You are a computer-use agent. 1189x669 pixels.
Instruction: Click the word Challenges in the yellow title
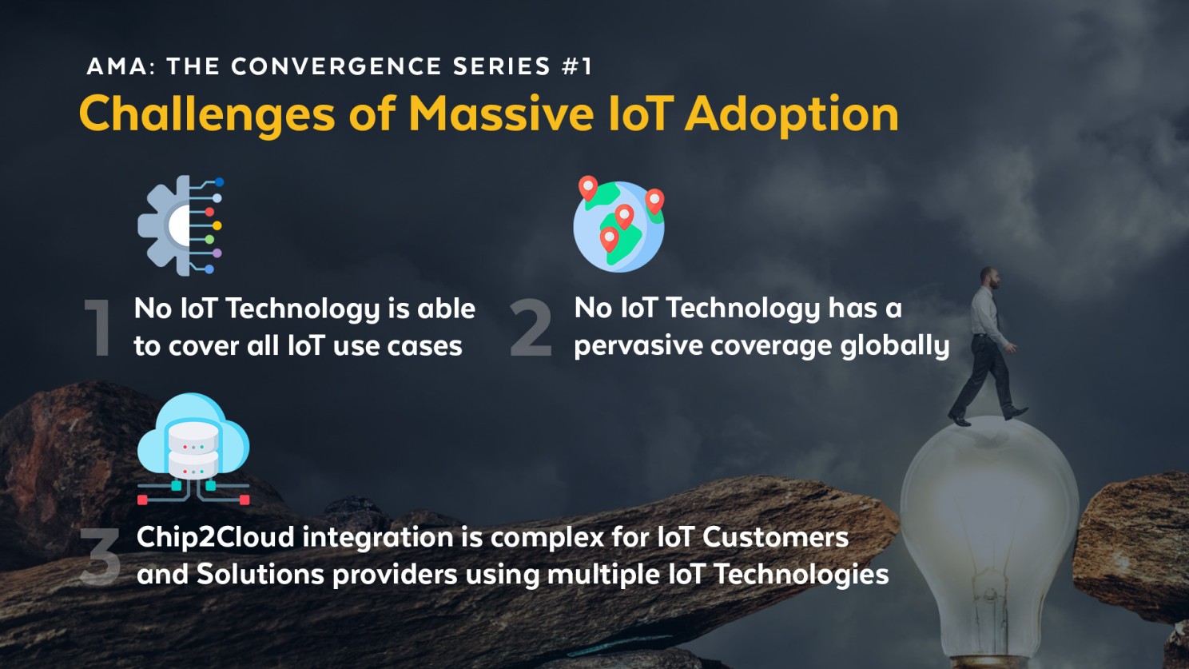[x=206, y=114]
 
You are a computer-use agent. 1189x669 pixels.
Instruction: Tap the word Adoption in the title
[x=791, y=114]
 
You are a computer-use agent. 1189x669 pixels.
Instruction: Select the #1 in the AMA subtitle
[x=576, y=66]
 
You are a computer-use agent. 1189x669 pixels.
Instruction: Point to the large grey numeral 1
[x=99, y=328]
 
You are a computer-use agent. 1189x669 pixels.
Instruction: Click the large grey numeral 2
[x=531, y=328]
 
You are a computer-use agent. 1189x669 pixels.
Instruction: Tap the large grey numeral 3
[x=101, y=556]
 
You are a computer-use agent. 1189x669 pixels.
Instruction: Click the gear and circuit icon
[x=181, y=225]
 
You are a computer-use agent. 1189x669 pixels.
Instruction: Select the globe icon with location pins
[x=618, y=225]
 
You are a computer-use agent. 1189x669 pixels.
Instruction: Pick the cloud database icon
[x=193, y=448]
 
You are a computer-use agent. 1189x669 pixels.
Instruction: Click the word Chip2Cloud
[x=216, y=537]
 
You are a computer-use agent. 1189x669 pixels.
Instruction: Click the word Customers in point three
[x=775, y=537]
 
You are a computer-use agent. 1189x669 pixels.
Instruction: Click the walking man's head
[x=990, y=278]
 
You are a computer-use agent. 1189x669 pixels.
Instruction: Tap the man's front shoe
[x=1015, y=413]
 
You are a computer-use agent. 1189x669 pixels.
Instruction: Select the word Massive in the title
[x=501, y=114]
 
